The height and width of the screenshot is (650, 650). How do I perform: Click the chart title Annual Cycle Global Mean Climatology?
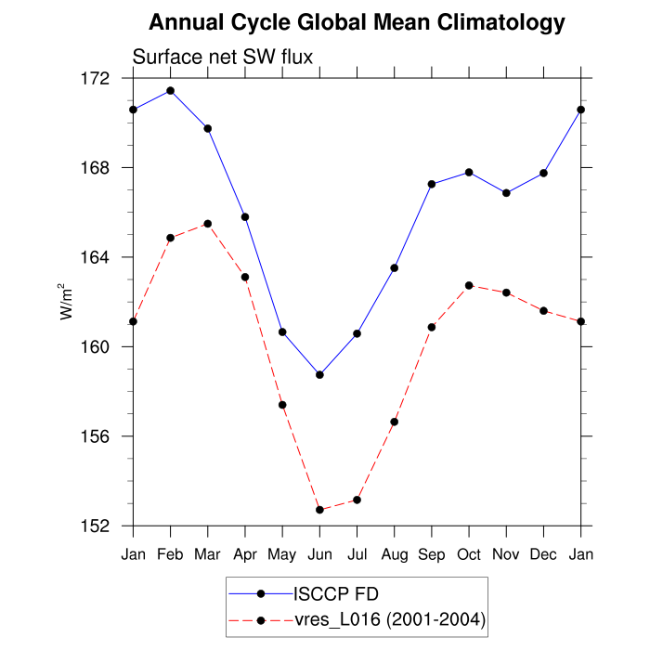(x=357, y=22)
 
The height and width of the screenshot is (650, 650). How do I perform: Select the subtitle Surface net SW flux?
(x=223, y=57)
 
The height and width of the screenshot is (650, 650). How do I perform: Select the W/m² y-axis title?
(x=67, y=301)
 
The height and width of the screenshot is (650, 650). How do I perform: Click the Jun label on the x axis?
(x=319, y=554)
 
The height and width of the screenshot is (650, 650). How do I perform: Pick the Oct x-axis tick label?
(x=469, y=554)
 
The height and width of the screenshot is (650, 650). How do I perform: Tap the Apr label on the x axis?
(x=245, y=554)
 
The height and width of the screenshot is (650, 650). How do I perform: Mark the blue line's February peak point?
(x=170, y=90)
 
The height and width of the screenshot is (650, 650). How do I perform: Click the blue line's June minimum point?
(x=319, y=375)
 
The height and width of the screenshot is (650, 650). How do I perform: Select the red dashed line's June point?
(x=319, y=510)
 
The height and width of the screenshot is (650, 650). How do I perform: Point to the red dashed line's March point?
(x=207, y=224)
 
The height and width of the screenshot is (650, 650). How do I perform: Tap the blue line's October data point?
(x=469, y=172)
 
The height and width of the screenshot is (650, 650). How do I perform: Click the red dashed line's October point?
(x=469, y=285)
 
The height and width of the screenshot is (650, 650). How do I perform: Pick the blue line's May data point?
(x=282, y=331)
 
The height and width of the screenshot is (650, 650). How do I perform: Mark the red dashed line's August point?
(x=394, y=422)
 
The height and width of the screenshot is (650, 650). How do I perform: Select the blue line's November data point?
(x=506, y=193)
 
